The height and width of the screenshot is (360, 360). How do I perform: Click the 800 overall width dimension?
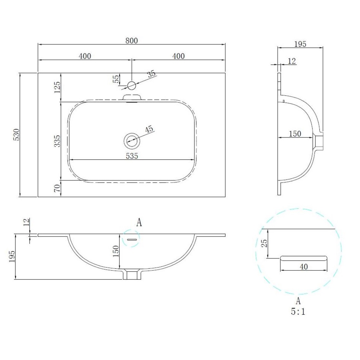coord(131,41)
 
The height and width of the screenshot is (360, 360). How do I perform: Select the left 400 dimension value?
coord(85,56)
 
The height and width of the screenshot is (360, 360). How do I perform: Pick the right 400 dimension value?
coord(179,56)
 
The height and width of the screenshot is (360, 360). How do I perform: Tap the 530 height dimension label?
coord(17,135)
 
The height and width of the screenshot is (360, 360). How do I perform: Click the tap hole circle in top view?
coord(131,85)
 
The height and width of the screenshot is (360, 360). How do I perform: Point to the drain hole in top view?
coord(132,140)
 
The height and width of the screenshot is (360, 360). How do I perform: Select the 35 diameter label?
coord(151,74)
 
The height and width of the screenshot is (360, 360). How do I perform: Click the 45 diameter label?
coord(149,129)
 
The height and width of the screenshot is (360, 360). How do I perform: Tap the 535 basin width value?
coord(132,156)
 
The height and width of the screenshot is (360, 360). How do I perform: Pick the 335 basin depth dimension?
coord(57,141)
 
